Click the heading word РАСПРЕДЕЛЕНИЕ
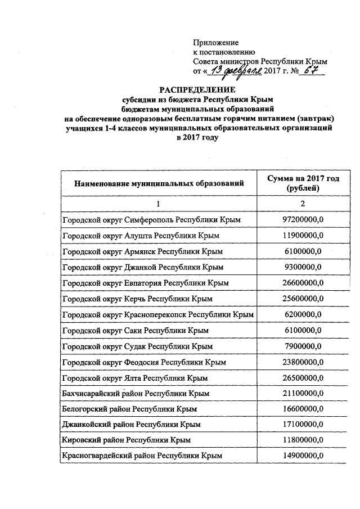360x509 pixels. pos(196,90)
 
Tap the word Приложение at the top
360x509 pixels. pos(215,42)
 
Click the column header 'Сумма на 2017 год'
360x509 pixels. pos(303,178)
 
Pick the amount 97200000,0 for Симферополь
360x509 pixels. pos(303,218)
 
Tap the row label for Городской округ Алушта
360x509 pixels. pos(141,235)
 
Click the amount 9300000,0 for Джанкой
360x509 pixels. pos(303,266)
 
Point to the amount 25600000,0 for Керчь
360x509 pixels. pos(303,298)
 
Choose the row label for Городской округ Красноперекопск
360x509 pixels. pos(157,314)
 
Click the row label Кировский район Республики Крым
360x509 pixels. pos(127,439)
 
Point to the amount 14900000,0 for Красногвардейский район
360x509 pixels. pos(303,454)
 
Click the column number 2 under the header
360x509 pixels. pos(303,203)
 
